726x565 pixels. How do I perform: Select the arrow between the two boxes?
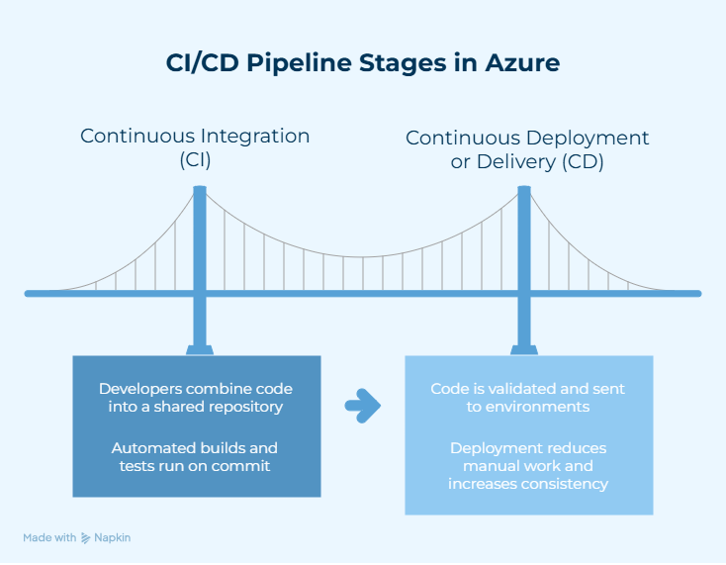tap(363, 404)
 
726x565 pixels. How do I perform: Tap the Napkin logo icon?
tap(86, 537)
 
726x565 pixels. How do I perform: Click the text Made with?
tap(49, 537)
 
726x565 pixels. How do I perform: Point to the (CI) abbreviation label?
tap(195, 161)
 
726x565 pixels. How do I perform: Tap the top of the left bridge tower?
tap(199, 189)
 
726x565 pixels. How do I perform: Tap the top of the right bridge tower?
tap(521, 189)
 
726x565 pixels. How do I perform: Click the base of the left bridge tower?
tap(199, 348)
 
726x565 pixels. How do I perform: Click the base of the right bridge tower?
tap(521, 348)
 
